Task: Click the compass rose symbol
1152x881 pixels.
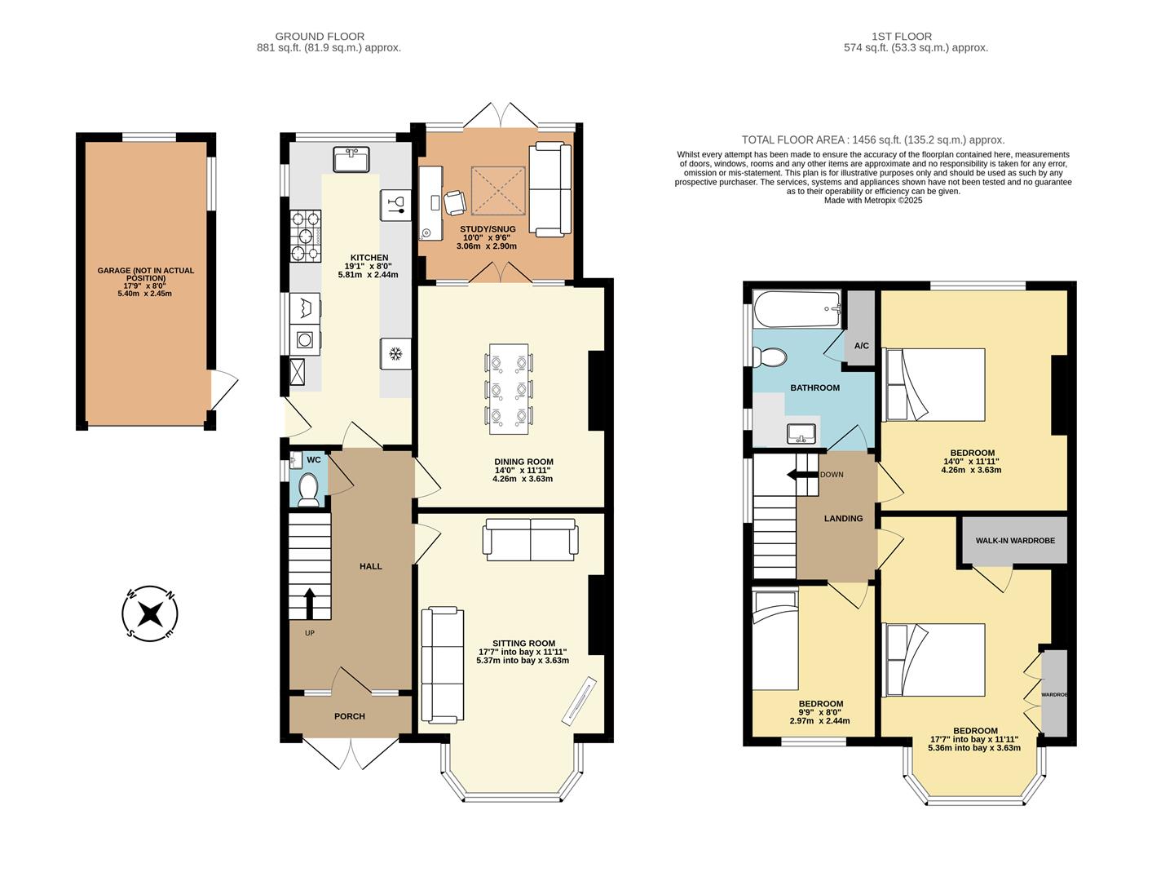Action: tap(150, 613)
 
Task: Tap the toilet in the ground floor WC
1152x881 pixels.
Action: tap(308, 489)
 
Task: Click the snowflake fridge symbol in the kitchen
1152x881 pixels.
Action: tap(395, 354)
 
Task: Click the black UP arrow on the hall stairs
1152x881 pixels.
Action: tap(310, 604)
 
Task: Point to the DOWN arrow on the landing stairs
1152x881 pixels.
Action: tap(801, 475)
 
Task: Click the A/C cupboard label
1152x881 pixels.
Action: tap(861, 346)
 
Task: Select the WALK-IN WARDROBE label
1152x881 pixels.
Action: tap(1015, 540)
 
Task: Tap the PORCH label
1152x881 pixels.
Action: tap(350, 716)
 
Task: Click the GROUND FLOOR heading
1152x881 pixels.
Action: tap(320, 36)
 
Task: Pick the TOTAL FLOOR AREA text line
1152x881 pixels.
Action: tap(872, 139)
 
